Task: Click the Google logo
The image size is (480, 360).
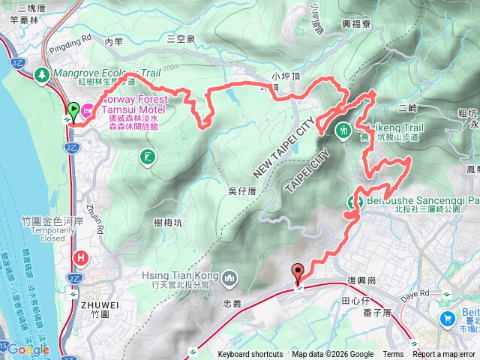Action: point(28,349)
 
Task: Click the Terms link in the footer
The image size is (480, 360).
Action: point(393,355)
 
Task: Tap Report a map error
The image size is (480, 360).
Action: point(444,355)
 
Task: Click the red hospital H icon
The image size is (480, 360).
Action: point(82,259)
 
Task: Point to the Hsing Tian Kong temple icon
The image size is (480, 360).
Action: point(229,280)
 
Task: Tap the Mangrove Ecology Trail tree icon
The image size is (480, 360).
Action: point(43,75)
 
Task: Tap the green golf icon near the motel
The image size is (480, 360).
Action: point(146,157)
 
